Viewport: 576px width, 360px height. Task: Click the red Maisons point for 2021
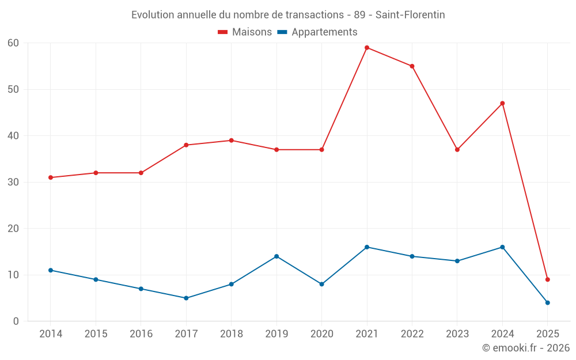pyautogui.click(x=367, y=48)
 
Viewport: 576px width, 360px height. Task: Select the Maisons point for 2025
pyautogui.click(x=548, y=279)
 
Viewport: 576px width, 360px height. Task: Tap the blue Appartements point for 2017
pyautogui.click(x=186, y=298)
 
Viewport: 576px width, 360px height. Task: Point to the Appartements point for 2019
pyautogui.click(x=276, y=256)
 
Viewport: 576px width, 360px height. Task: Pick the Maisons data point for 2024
pyautogui.click(x=502, y=103)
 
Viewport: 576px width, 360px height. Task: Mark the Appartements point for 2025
pyautogui.click(x=548, y=302)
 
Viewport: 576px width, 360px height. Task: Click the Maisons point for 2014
pyautogui.click(x=51, y=177)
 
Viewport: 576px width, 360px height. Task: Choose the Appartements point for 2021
pyautogui.click(x=367, y=247)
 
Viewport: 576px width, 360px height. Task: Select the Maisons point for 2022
pyautogui.click(x=412, y=66)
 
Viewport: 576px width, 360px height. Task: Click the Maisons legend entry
pyautogui.click(x=245, y=32)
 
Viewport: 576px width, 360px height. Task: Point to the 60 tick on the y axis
pyautogui.click(x=13, y=43)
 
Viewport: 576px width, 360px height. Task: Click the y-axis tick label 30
pyautogui.click(x=13, y=182)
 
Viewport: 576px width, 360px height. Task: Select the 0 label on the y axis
pyautogui.click(x=16, y=321)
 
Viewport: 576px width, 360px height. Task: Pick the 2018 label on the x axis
pyautogui.click(x=231, y=334)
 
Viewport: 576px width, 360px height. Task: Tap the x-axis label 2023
pyautogui.click(x=457, y=334)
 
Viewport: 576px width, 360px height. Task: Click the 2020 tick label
pyautogui.click(x=321, y=334)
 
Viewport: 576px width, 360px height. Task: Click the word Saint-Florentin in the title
pyautogui.click(x=410, y=15)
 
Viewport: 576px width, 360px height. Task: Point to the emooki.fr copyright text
pyautogui.click(x=526, y=348)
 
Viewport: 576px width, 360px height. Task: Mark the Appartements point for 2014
pyautogui.click(x=51, y=270)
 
